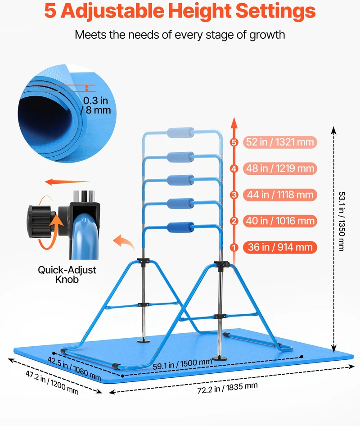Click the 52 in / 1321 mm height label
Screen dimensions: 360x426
click(280, 142)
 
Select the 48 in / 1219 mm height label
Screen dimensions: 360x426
click(280, 168)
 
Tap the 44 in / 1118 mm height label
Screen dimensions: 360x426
click(280, 195)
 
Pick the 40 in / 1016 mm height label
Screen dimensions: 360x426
click(280, 221)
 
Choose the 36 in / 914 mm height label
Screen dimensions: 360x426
click(280, 247)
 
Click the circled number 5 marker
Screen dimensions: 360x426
click(234, 142)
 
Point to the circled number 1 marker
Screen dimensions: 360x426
click(234, 248)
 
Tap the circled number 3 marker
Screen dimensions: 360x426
click(234, 195)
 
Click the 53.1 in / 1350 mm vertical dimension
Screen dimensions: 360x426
click(342, 222)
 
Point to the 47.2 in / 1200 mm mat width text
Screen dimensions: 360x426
click(52, 382)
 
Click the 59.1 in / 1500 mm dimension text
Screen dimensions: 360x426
click(182, 364)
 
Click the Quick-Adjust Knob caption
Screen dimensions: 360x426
click(67, 275)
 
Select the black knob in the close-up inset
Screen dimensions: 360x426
click(40, 222)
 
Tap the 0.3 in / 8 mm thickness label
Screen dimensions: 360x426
click(96, 105)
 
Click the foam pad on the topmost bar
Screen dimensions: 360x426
click(180, 133)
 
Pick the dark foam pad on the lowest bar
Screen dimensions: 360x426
click(180, 228)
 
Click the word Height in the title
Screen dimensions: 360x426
click(199, 11)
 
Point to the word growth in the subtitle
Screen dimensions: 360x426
click(267, 35)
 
